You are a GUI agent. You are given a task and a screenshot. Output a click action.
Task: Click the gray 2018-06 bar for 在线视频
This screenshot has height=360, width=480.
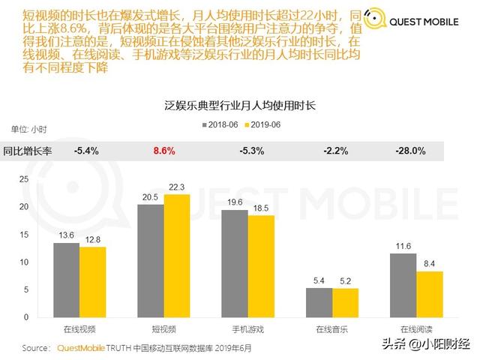point(67,280)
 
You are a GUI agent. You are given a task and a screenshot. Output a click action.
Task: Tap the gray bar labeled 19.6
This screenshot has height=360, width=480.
point(235,263)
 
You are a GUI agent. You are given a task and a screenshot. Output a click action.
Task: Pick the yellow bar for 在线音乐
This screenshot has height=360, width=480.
point(345,302)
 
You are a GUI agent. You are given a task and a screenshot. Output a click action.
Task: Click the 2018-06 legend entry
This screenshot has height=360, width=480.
point(218,124)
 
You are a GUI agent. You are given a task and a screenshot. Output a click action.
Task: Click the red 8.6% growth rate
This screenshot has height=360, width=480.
point(164,151)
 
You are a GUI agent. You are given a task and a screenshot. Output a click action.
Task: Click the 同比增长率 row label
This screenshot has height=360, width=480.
point(28,151)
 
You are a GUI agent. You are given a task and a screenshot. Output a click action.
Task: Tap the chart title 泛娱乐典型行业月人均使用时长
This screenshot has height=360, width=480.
point(239,106)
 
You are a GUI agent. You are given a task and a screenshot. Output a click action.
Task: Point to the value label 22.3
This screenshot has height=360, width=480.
point(177,187)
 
